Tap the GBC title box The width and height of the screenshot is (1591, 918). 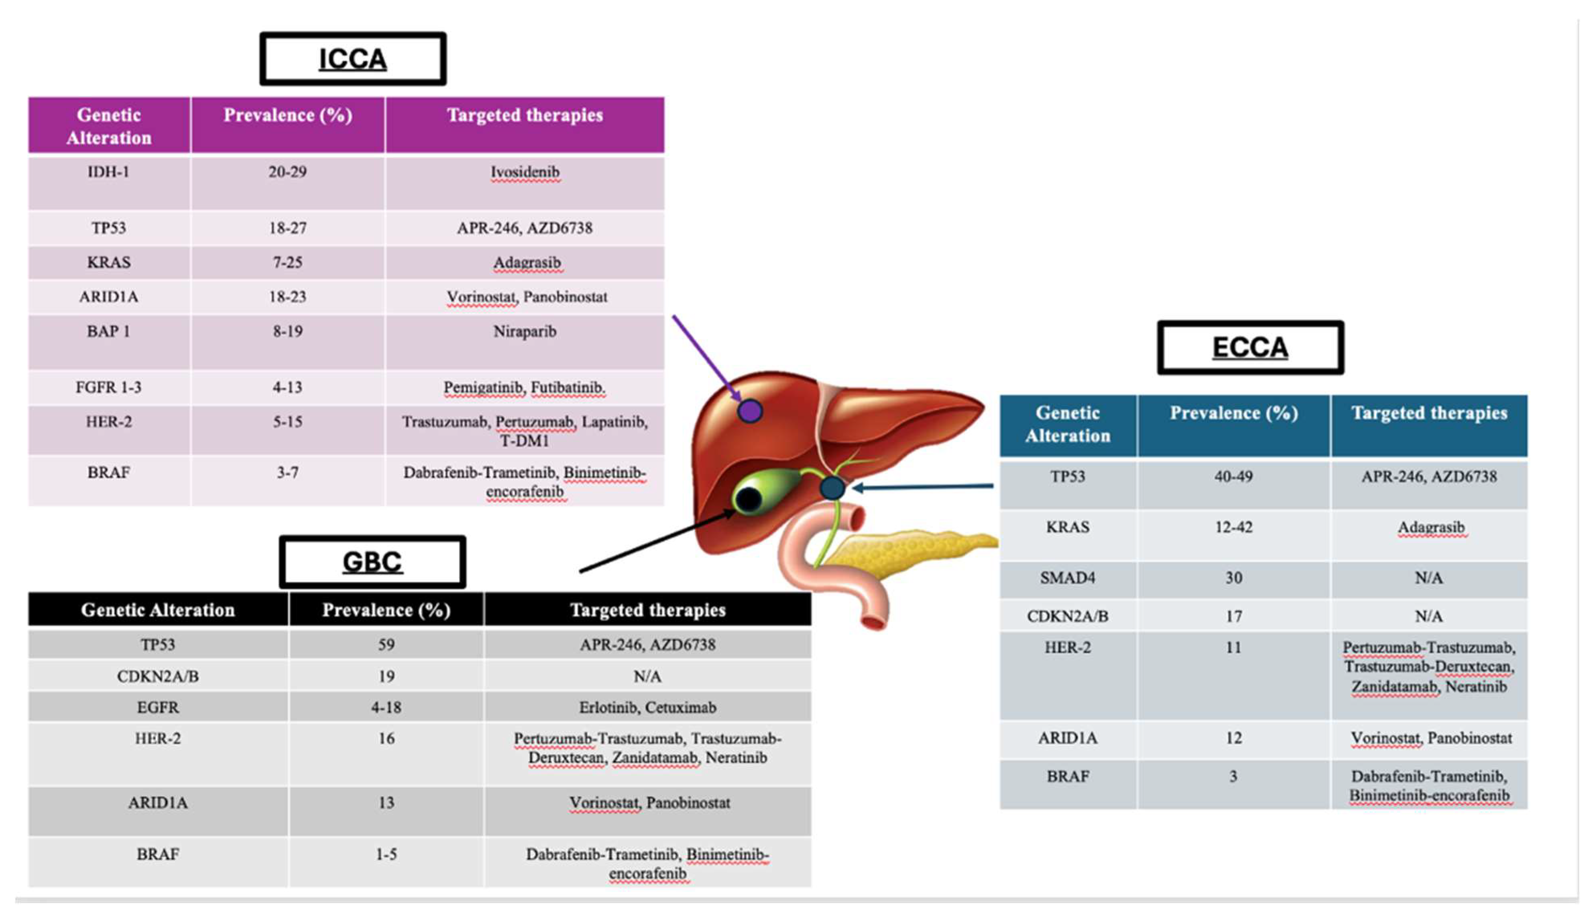coord(372,562)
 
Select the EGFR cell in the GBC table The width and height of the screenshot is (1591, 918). coord(158,707)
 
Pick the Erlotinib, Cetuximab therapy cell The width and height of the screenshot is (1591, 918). coord(648,707)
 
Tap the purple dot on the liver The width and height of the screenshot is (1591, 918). coord(750,411)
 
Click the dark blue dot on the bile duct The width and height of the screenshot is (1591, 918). coord(832,487)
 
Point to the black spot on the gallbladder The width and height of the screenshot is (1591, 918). coord(749,500)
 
